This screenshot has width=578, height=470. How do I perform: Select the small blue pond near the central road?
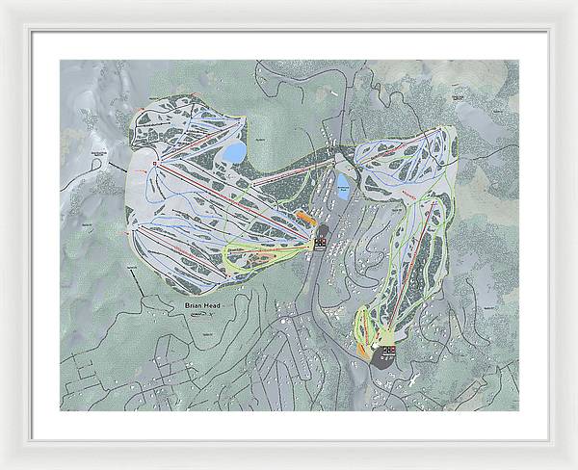pyautogui.click(x=343, y=183)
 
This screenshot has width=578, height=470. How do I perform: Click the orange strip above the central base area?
pyautogui.click(x=306, y=218)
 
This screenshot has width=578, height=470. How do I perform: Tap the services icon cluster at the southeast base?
pyautogui.click(x=387, y=352)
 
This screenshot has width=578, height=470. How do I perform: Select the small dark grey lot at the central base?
pyautogui.click(x=322, y=231)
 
